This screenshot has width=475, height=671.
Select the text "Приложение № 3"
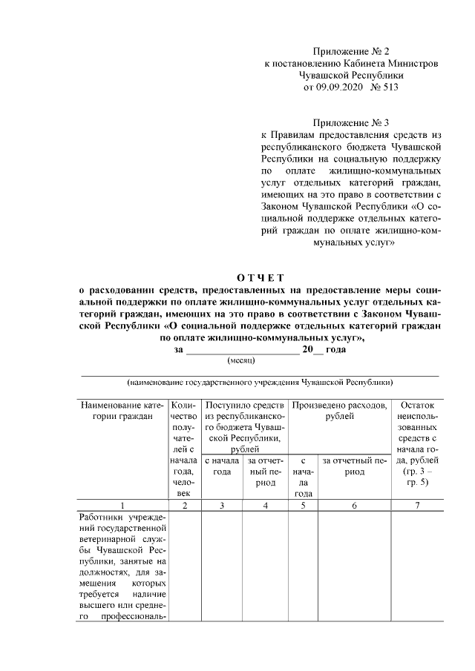[351, 122]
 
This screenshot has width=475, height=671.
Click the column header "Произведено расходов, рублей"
[339, 411]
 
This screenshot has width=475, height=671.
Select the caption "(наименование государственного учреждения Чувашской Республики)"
[260, 383]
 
